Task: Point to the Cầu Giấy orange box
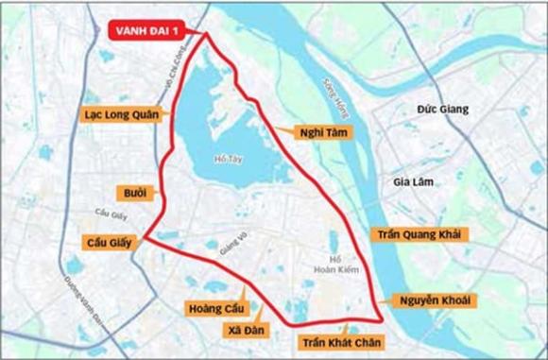[x=110, y=243]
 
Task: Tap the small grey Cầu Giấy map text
[x=111, y=214]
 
